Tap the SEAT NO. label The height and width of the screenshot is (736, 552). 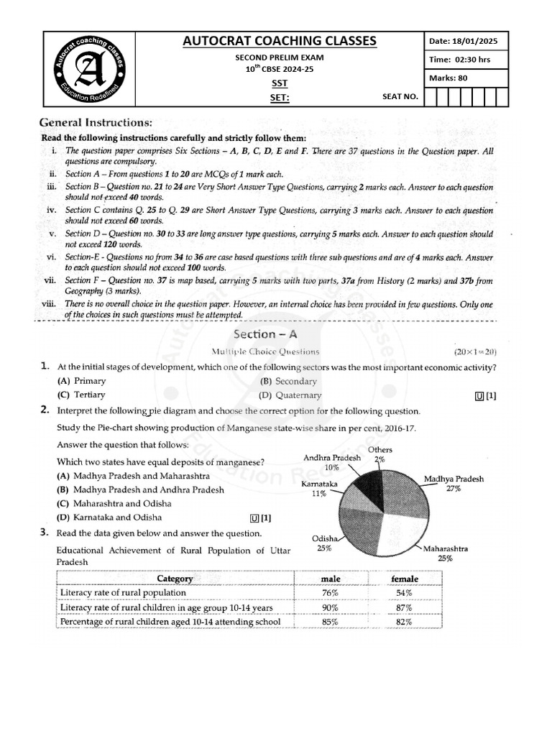pyautogui.click(x=400, y=96)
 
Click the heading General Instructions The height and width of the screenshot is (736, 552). pyautogui.click(x=95, y=123)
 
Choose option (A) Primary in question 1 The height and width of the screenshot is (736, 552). pyautogui.click(x=81, y=381)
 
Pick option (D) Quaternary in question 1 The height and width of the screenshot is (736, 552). pyautogui.click(x=290, y=395)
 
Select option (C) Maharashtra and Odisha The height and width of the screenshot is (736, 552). pyautogui.click(x=109, y=503)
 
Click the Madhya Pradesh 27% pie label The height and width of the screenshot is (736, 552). pyautogui.click(x=454, y=484)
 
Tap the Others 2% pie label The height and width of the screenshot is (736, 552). pyautogui.click(x=380, y=454)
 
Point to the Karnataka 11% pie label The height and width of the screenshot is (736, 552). pyautogui.click(x=319, y=489)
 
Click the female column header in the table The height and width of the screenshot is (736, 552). pyautogui.click(x=404, y=579)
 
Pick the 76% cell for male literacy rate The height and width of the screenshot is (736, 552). pyautogui.click(x=331, y=593)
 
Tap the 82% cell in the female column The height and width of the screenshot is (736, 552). pyautogui.click(x=403, y=622)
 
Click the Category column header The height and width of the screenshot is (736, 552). pyautogui.click(x=175, y=579)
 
